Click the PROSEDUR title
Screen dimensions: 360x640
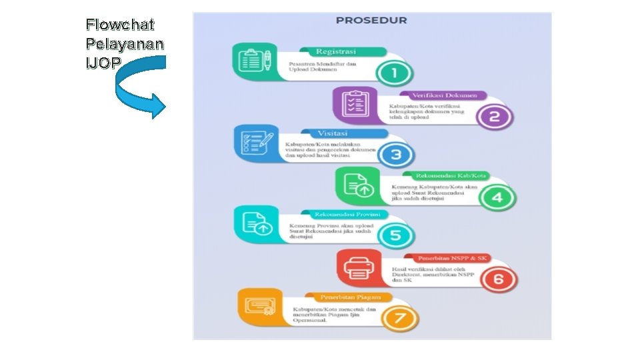371,20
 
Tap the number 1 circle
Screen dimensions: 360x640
393,73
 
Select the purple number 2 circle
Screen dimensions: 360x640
495,116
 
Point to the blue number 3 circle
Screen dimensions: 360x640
396,155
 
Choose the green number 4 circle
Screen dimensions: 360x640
497,197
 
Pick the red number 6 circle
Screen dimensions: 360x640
498,279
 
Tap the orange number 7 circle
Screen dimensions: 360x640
400,318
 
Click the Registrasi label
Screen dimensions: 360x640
336,51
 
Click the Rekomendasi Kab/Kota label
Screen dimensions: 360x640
451,176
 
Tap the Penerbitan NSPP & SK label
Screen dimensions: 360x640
453,258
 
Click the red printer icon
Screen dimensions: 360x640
358,269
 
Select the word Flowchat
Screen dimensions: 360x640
120,25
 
